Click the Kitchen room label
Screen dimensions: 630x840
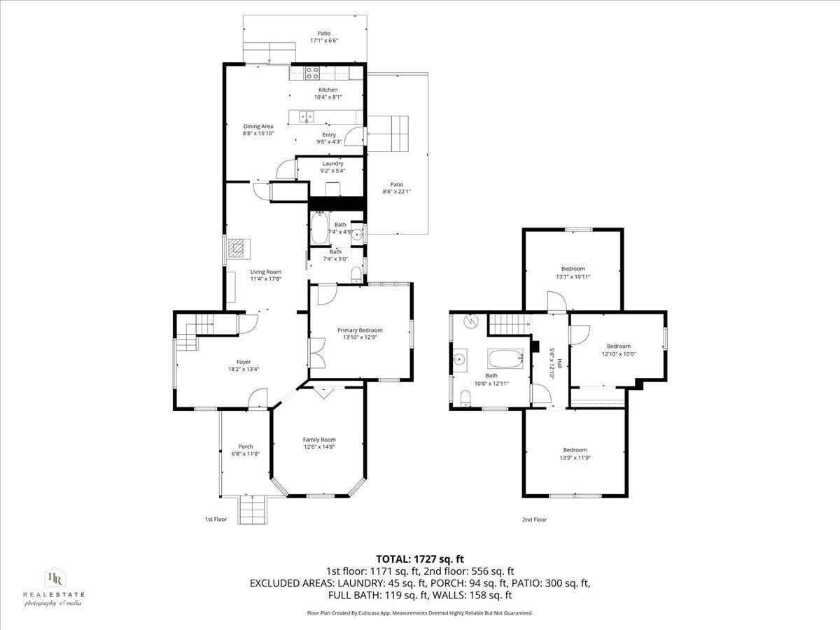click(x=328, y=90)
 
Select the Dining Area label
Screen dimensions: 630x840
click(x=258, y=127)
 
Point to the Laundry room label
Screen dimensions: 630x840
click(x=332, y=164)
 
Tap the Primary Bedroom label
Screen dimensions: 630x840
click(x=360, y=330)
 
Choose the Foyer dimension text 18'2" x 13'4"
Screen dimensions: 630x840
click(x=243, y=369)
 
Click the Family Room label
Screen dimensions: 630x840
click(x=319, y=440)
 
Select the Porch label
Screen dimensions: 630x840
click(x=246, y=447)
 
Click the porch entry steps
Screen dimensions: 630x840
click(x=252, y=509)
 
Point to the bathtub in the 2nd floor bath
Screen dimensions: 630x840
click(x=505, y=359)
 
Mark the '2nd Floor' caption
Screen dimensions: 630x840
click(x=534, y=520)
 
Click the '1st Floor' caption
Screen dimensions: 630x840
click(x=216, y=520)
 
